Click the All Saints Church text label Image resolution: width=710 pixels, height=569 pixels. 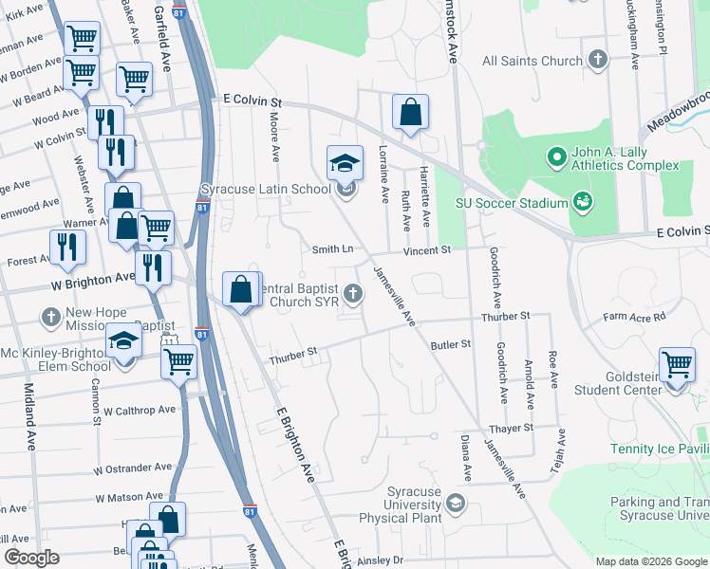532,61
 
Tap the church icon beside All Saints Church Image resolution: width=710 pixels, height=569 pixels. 598,61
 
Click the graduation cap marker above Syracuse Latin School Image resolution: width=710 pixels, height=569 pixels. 346,161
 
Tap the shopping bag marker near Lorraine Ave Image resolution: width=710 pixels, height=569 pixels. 410,111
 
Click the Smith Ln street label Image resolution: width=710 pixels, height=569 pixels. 333,249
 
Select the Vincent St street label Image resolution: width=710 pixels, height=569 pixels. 425,250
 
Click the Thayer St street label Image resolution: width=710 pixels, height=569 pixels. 514,428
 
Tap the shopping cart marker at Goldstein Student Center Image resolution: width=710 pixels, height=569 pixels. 677,364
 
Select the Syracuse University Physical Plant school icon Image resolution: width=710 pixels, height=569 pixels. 456,502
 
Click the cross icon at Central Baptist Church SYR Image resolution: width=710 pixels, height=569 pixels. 354,293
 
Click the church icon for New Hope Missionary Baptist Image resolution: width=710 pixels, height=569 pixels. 51,316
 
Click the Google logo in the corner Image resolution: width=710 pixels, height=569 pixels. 32,558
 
